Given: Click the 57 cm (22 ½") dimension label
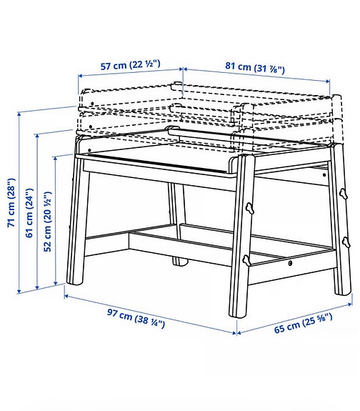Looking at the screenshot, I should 129,66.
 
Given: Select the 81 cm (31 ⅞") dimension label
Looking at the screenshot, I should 255,69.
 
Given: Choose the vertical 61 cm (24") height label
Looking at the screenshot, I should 29,214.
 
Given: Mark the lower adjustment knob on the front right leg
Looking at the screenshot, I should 246,260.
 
